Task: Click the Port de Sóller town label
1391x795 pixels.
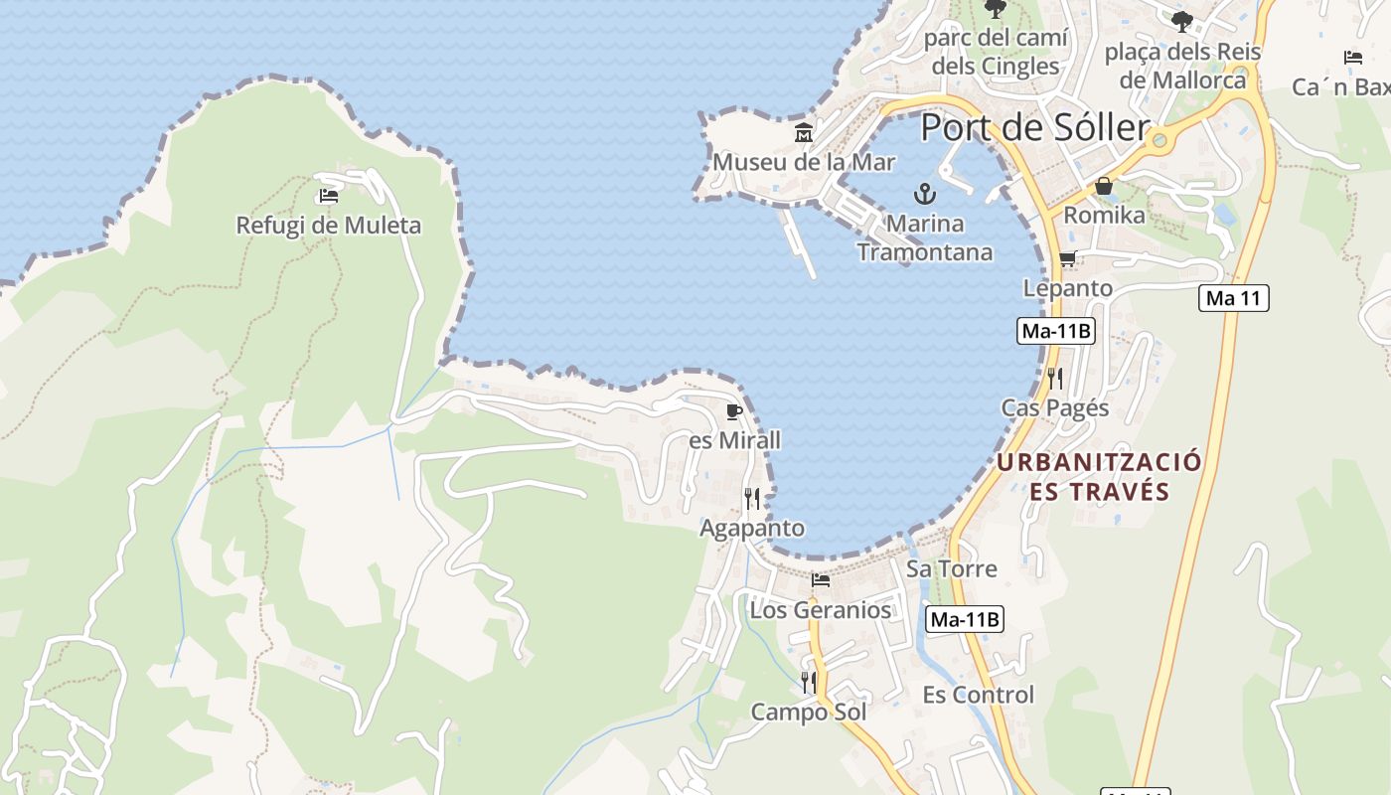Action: point(1034,127)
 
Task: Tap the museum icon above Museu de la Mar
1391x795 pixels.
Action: point(804,132)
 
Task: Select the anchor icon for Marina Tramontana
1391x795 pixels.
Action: point(925,193)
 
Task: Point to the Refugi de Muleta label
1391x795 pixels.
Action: point(328,226)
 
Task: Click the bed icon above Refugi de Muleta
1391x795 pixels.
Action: point(329,196)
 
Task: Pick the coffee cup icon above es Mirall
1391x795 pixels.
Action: point(734,411)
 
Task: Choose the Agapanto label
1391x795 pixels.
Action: point(752,528)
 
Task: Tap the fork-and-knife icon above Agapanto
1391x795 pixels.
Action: point(752,499)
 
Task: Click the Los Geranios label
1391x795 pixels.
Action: point(820,609)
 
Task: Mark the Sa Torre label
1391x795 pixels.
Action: point(951,568)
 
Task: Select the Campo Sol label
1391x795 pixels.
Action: point(808,712)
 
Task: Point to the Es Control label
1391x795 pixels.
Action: point(978,695)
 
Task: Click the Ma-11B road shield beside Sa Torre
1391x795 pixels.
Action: point(965,620)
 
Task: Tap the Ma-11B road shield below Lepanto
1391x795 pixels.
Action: point(1055,332)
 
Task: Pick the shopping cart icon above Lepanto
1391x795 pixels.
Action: point(1068,259)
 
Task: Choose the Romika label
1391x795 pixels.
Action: point(1104,215)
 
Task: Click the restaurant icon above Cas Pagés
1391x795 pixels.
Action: point(1055,378)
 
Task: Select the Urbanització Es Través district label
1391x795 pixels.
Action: point(1099,477)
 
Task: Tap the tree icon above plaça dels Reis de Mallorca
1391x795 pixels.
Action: point(1181,21)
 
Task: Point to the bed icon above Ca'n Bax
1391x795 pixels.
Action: point(1352,58)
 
